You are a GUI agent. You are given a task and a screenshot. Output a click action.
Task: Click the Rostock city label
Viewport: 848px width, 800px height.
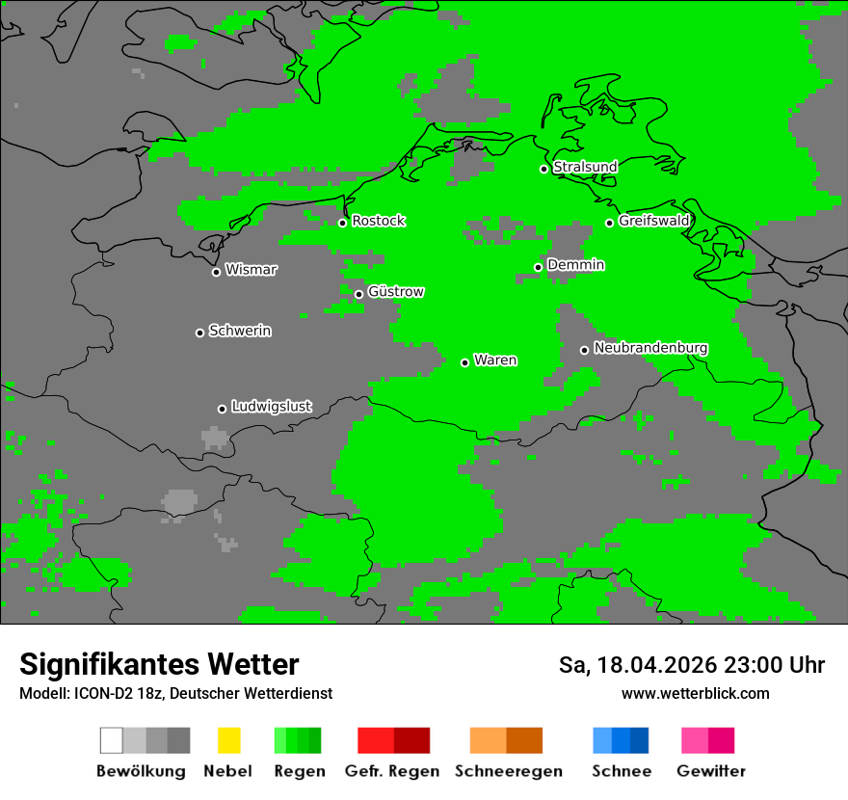click(x=378, y=221)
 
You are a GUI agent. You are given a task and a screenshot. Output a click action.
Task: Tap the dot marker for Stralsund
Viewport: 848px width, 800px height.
click(x=543, y=169)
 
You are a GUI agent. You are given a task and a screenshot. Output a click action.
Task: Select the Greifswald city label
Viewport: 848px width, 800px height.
click(x=653, y=221)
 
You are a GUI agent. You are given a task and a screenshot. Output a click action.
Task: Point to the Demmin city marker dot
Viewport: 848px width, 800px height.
click(x=539, y=267)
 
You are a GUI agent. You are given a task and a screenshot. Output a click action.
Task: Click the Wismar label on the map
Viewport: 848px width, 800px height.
click(x=251, y=270)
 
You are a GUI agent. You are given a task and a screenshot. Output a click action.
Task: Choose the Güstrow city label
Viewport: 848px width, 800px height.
click(x=396, y=292)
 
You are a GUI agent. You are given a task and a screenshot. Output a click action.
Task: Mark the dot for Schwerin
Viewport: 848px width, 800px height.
click(x=200, y=333)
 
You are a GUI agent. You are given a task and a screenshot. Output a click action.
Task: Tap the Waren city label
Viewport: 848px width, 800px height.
click(x=495, y=360)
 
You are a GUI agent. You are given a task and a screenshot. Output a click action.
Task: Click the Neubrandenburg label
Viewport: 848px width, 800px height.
click(x=650, y=348)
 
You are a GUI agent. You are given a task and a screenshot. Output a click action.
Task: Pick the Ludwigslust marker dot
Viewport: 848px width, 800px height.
click(x=222, y=409)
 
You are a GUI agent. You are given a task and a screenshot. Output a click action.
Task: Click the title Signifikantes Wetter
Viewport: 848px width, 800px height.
click(x=159, y=664)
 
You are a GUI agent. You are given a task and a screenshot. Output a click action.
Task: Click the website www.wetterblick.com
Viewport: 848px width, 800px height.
click(x=695, y=693)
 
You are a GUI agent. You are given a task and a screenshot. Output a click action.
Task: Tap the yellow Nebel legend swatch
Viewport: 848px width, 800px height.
click(x=228, y=740)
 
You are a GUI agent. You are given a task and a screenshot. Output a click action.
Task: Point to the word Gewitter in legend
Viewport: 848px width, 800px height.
click(x=710, y=771)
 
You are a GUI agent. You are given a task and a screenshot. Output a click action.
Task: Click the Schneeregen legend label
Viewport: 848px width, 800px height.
click(x=508, y=771)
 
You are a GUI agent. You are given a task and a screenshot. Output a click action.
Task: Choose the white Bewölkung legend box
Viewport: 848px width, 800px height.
click(x=112, y=740)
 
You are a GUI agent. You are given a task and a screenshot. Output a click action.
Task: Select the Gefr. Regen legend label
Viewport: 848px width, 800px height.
click(x=391, y=771)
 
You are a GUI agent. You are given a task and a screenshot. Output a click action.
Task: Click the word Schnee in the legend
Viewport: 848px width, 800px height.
click(x=621, y=771)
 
